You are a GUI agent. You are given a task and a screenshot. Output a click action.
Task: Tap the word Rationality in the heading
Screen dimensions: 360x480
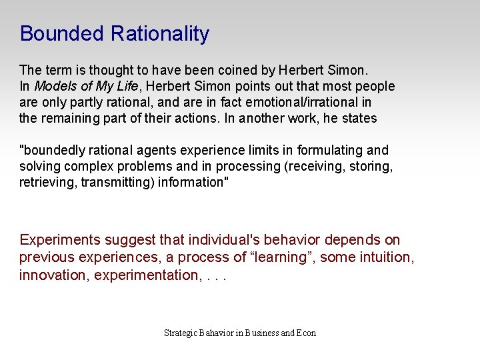(160, 34)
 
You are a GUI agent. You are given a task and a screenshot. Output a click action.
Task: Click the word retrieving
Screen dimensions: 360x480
(48, 182)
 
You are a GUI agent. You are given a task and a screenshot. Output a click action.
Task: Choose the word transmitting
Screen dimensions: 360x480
(117, 182)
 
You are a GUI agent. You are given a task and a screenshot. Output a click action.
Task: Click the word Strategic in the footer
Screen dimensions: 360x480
(181, 333)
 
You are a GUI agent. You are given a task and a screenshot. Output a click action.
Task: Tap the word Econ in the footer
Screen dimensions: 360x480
(306, 333)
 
